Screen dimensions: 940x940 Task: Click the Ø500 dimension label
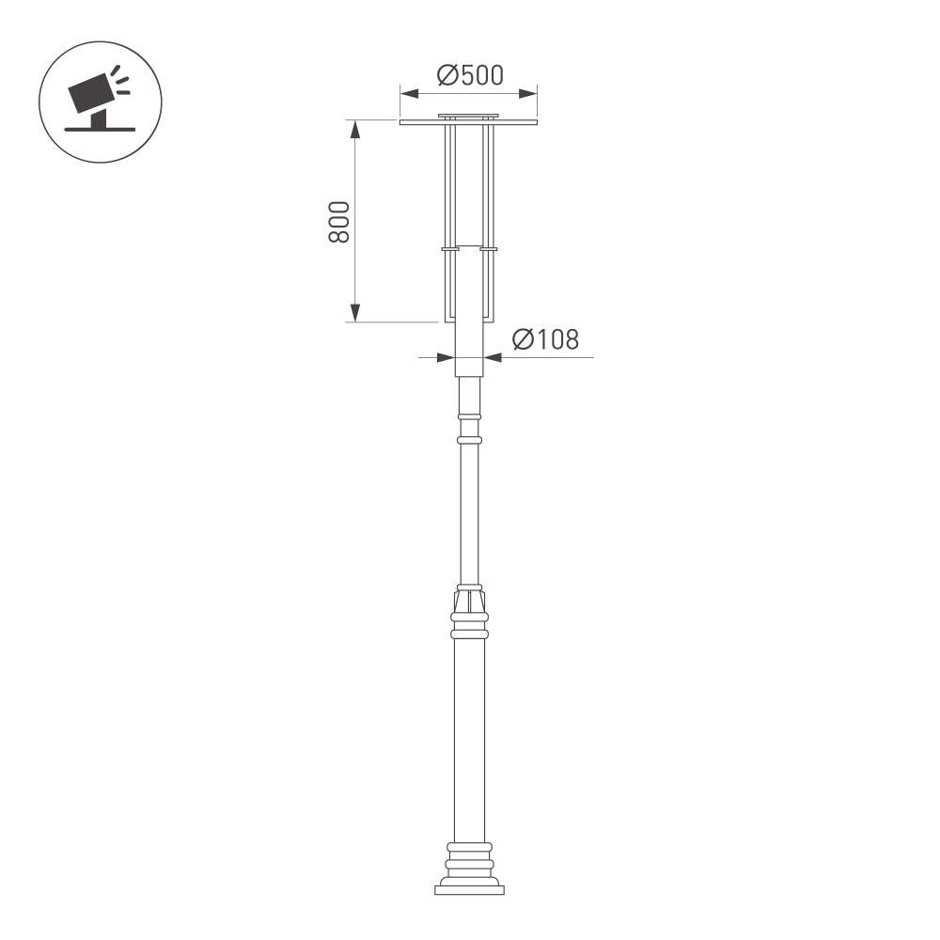pyautogui.click(x=470, y=75)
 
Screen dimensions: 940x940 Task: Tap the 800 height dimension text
pyautogui.click(x=339, y=221)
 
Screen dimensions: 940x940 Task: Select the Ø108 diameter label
pyautogui.click(x=545, y=340)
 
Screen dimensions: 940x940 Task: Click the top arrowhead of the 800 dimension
pyautogui.click(x=354, y=128)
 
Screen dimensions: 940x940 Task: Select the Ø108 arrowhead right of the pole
pyautogui.click(x=492, y=357)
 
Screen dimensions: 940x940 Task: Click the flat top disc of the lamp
pyautogui.click(x=468, y=122)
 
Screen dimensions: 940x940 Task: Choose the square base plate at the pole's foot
pyautogui.click(x=469, y=888)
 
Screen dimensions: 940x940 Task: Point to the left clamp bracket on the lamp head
pyautogui.click(x=449, y=249)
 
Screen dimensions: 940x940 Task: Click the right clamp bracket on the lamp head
pyautogui.click(x=489, y=249)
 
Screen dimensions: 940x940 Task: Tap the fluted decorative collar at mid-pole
pyautogui.click(x=469, y=599)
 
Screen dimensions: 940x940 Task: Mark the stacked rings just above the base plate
pyautogui.click(x=469, y=860)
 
